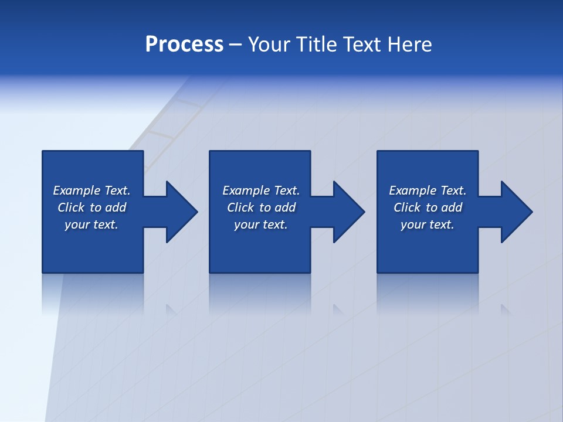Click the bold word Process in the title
[184, 45]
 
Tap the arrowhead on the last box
[515, 212]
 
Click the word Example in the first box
[76, 190]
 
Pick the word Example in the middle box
[246, 190]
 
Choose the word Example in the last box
[412, 190]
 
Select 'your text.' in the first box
[91, 224]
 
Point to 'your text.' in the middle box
[261, 224]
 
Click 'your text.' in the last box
[428, 224]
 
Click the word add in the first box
[116, 207]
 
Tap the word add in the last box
[452, 207]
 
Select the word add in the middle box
[286, 207]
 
